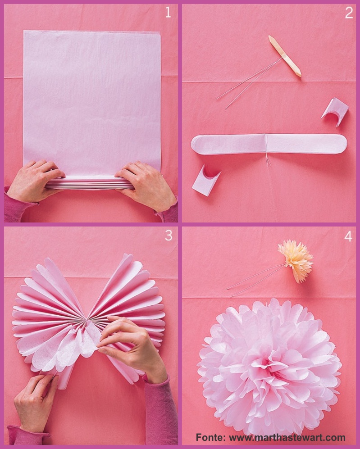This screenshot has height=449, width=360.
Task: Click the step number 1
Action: tap(168, 13)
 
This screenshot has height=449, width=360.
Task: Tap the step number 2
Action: tap(349, 13)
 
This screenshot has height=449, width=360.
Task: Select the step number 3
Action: tap(169, 235)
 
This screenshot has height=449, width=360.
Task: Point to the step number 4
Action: tap(348, 236)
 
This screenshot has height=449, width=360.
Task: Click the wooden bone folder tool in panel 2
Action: tap(285, 56)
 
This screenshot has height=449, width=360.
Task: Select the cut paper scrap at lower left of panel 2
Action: tap(205, 180)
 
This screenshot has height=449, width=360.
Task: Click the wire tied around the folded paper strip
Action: tap(266, 149)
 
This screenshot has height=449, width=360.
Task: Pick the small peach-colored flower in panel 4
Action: tap(296, 260)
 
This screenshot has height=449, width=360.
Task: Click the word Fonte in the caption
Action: tap(210, 437)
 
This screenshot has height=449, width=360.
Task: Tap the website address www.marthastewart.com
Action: tap(287, 437)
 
